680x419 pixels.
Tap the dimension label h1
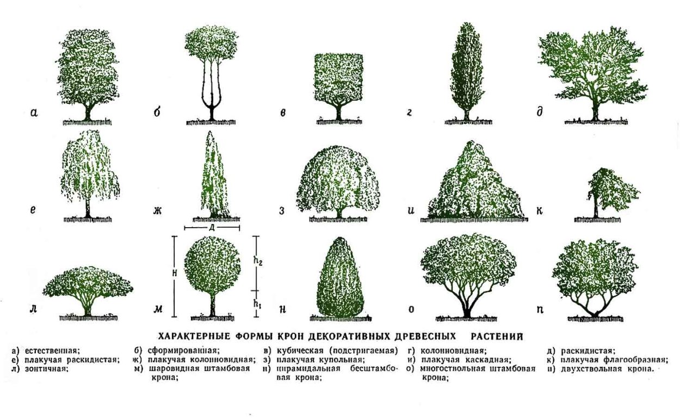tap(257, 304)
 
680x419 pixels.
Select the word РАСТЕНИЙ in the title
tap(497, 336)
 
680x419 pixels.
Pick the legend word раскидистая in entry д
tap(587, 351)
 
